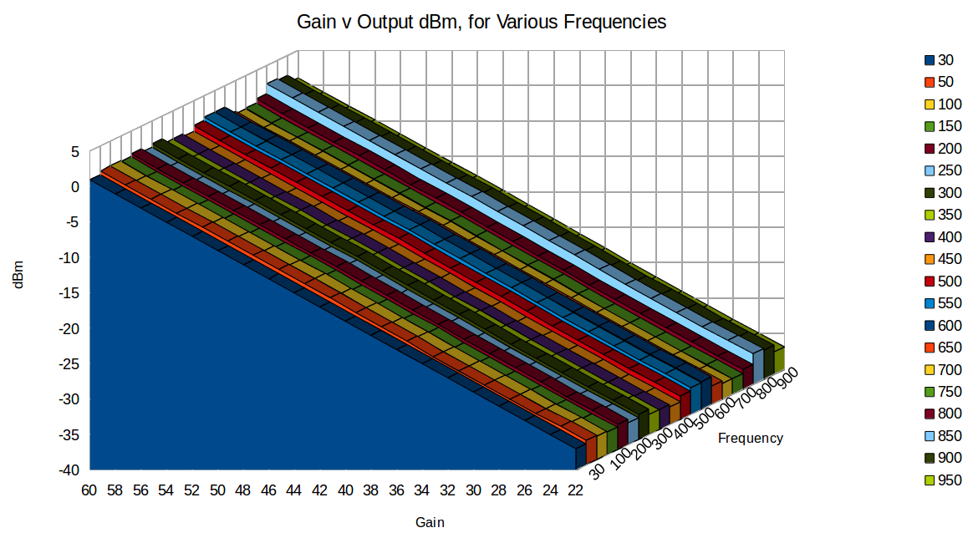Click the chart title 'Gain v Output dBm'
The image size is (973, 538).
coord(481,23)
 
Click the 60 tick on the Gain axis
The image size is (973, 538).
coord(89,490)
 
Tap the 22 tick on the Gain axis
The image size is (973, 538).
coord(576,490)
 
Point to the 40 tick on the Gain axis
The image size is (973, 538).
coord(345,490)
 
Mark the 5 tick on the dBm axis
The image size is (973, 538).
coord(74,152)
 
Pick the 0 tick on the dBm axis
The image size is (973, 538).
coord(74,187)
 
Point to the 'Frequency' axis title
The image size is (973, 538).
coord(750,438)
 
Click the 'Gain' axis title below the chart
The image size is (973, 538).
coord(430,523)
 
